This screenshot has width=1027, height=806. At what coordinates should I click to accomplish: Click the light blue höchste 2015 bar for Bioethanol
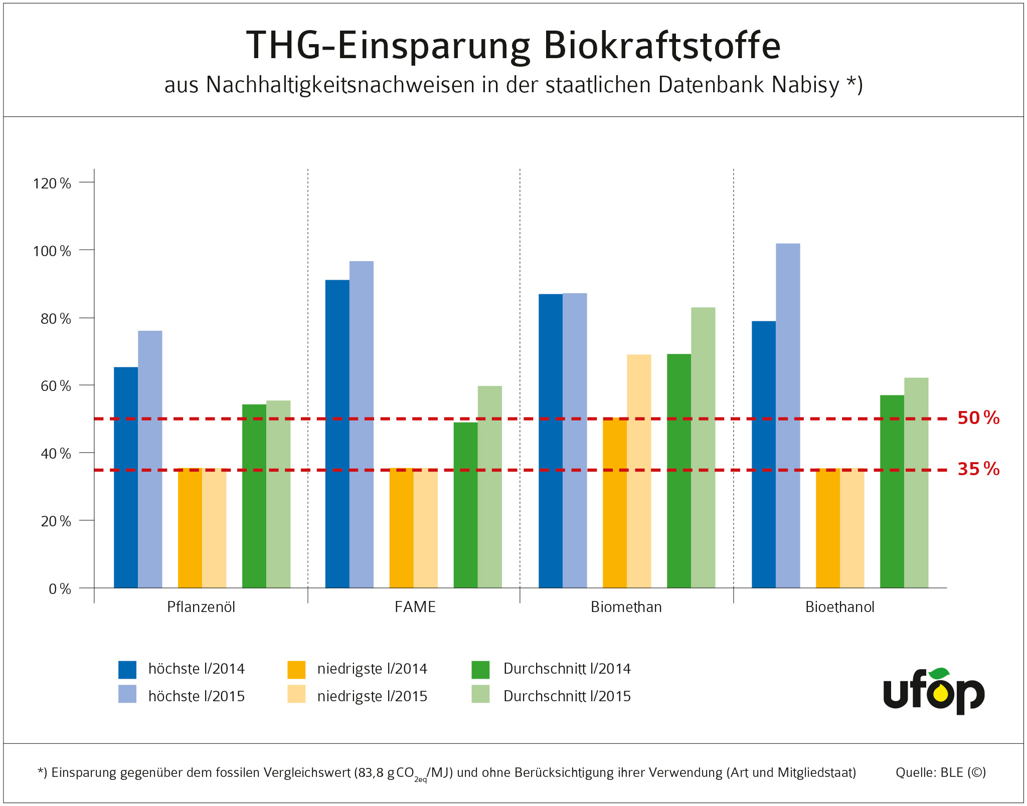(x=788, y=416)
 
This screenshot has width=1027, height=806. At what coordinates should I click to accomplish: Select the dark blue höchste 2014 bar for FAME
(x=337, y=434)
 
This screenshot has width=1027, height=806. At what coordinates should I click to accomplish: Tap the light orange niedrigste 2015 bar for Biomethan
(x=639, y=471)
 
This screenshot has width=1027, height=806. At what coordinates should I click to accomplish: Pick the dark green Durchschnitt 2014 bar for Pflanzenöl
(x=254, y=496)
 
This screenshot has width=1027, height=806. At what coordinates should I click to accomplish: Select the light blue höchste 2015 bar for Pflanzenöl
(x=150, y=459)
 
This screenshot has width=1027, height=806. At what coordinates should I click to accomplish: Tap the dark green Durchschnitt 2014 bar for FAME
(x=465, y=505)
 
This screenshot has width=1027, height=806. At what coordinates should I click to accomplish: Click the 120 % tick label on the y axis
(x=52, y=183)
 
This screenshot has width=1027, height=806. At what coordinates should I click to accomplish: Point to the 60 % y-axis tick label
(x=55, y=386)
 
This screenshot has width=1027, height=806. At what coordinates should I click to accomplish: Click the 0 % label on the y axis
(x=60, y=589)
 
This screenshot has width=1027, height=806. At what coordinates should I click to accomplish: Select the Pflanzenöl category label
(x=201, y=607)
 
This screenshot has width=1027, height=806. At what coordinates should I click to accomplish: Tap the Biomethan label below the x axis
(x=626, y=607)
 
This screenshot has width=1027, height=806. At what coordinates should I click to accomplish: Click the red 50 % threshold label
(x=978, y=418)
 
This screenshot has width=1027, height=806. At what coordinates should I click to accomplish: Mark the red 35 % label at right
(x=978, y=469)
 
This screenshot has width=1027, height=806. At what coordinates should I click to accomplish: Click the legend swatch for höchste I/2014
(x=127, y=670)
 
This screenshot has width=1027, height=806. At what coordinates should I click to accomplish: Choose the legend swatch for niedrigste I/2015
(x=296, y=694)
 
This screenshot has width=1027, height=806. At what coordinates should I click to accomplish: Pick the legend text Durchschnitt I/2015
(x=567, y=696)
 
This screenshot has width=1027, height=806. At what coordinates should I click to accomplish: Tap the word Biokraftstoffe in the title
(x=661, y=46)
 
